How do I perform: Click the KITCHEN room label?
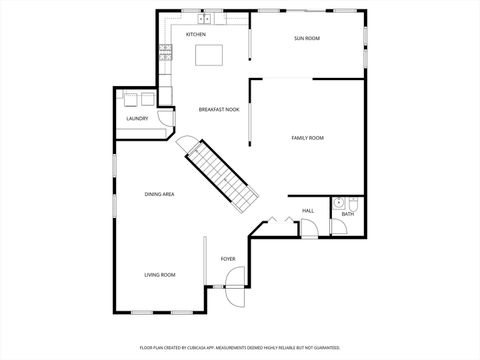196,35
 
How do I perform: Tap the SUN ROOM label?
307,38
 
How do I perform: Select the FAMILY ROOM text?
307,137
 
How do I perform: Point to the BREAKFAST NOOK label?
218,109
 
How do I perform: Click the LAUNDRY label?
137,118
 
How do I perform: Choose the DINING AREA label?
160,194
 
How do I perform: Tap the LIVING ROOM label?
160,274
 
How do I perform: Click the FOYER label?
228,258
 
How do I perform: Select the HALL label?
308,211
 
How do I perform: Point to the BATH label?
348,214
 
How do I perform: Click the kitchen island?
209,53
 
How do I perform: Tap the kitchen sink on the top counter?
207,18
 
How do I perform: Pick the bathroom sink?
341,201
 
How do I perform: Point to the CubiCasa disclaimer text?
240,348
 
